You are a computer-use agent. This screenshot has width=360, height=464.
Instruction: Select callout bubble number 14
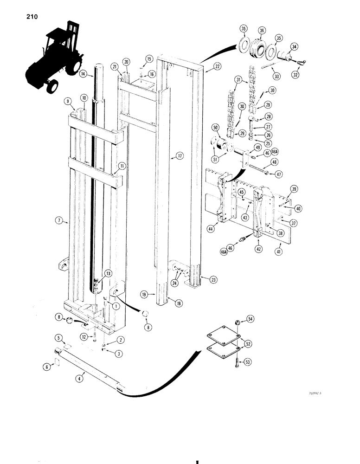83,74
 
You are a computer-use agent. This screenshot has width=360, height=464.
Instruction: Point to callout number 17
179,157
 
